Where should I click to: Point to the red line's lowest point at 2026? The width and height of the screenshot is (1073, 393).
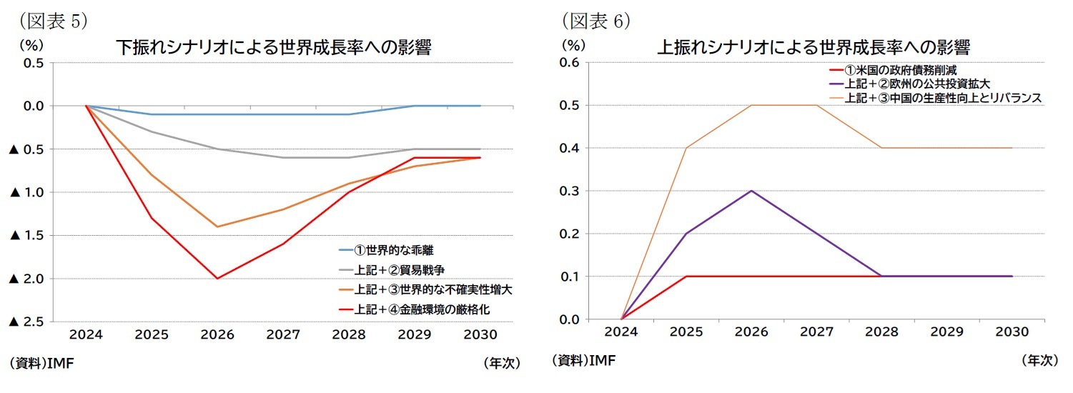coord(217,278)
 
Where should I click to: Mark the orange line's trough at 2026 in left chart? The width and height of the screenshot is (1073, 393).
coord(217,227)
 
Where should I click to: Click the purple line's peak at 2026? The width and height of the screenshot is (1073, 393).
coord(751,191)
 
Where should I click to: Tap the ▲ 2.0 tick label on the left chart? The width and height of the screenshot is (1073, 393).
coord(26,279)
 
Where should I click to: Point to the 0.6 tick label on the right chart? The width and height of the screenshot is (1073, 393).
coord(569,63)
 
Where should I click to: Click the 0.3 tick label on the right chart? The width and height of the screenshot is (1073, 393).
coord(569,191)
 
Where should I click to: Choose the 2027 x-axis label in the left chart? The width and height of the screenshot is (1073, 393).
coord(283,334)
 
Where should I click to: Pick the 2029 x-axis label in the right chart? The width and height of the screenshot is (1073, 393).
coord(947,332)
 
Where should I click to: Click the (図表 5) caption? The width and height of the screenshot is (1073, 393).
coord(47,21)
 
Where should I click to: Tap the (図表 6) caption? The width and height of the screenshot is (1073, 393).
coord(593,21)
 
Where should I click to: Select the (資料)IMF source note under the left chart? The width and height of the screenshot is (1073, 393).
coord(43,364)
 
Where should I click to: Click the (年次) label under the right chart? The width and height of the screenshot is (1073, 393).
coord(1039,361)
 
